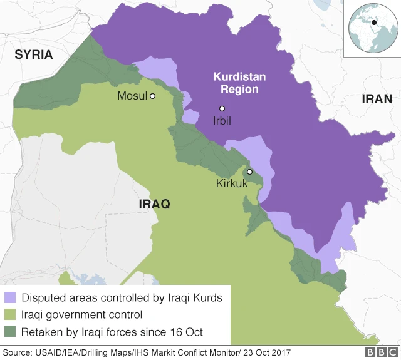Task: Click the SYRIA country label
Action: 34,54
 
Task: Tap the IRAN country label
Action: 377,99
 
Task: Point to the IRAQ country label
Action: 154,205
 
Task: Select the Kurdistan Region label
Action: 239,83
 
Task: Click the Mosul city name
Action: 132,96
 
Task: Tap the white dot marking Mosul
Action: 152,96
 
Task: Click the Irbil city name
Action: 222,121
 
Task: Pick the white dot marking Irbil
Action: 222,108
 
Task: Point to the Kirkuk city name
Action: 232,184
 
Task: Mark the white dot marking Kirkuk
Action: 249,172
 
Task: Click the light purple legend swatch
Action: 11,297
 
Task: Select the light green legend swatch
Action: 11,314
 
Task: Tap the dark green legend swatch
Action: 11,331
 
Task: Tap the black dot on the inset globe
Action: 373,23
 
